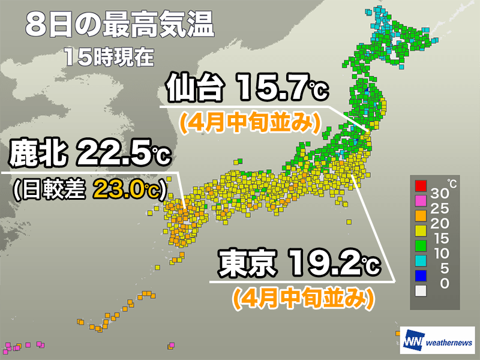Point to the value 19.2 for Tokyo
[x=325, y=265]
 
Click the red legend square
[x=421, y=185]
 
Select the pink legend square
[x=421, y=201]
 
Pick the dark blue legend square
[x=421, y=275]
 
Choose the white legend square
[x=421, y=291]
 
